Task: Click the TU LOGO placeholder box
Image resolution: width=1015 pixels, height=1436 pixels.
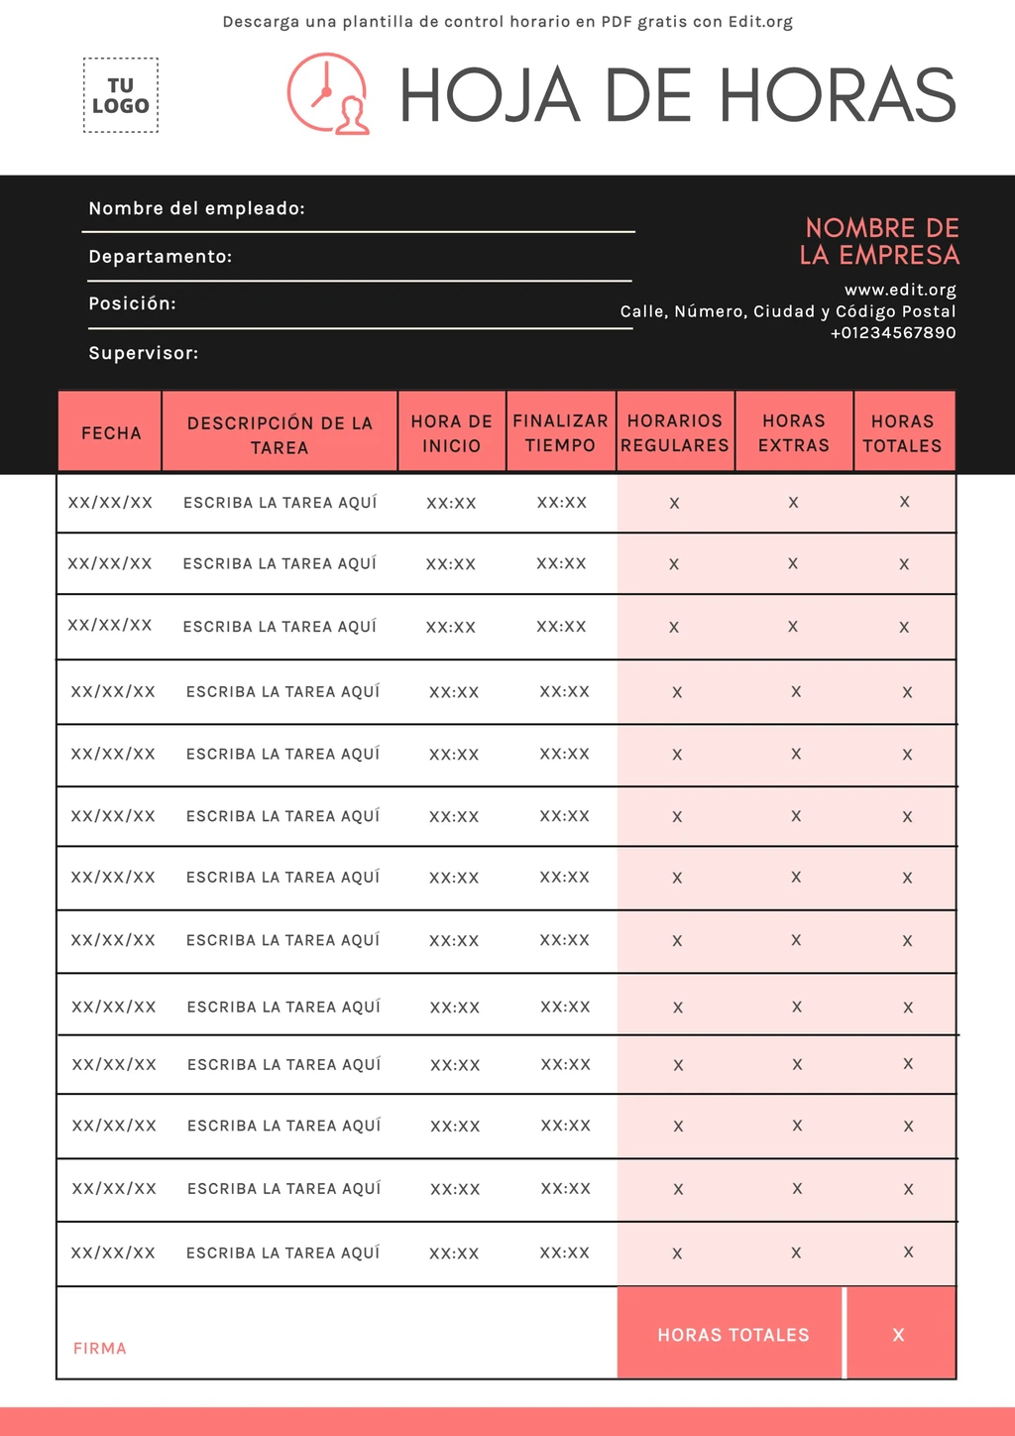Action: coord(120,95)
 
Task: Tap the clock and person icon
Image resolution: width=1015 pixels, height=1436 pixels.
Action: coord(328,94)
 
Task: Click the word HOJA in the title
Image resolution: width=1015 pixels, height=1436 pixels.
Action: coord(489,96)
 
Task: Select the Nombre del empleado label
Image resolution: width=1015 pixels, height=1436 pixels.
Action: coord(196,208)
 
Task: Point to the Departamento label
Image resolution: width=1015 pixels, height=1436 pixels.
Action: coord(160,256)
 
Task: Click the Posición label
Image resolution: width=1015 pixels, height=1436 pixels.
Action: coord(132,303)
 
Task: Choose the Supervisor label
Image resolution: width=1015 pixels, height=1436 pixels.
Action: coord(143,352)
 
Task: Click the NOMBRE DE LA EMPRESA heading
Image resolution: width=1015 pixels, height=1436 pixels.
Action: coord(880,241)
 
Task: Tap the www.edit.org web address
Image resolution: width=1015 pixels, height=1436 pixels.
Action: coord(900,290)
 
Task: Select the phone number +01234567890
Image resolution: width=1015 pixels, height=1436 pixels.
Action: coord(892,332)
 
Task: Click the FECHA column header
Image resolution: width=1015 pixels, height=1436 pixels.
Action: coord(111,433)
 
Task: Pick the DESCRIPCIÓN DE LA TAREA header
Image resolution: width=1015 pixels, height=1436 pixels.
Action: coord(280,434)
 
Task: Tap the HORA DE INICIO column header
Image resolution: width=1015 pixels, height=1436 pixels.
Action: coord(452,433)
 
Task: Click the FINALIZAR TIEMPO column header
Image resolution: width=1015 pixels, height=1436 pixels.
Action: coord(560,433)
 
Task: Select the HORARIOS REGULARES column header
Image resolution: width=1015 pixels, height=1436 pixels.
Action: coord(675,433)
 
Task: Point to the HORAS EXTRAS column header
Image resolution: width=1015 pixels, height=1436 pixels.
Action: coord(794,433)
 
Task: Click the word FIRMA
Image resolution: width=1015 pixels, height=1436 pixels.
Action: coord(100,1348)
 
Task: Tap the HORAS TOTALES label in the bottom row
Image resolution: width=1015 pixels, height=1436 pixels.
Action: coord(733,1335)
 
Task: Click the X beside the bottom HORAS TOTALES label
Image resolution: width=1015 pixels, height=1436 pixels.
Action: coord(898,1335)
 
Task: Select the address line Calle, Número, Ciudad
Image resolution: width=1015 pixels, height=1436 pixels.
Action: coord(788,311)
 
